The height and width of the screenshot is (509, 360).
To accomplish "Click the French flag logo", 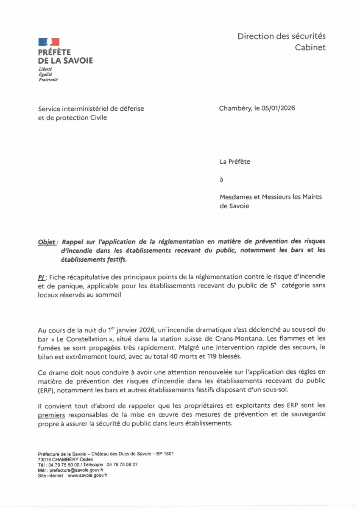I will (x=49, y=42).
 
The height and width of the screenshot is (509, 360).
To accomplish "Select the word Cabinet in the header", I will (x=310, y=47).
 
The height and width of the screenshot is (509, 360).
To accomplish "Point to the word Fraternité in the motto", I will (x=48, y=79).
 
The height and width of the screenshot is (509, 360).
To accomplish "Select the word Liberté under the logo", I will (x=45, y=69).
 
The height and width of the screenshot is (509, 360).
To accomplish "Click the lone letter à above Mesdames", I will (x=221, y=179).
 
